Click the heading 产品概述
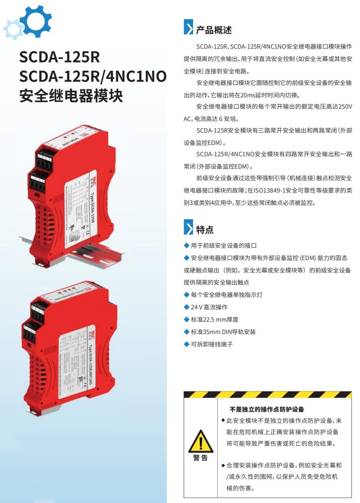pos(214,30)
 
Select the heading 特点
pos(205,230)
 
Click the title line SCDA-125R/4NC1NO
pos(93,77)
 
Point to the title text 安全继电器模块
pos(71,96)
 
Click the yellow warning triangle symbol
pos(201,441)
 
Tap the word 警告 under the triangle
pos(201,458)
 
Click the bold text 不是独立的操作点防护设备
pos(267,409)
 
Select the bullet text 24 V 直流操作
pos(209,307)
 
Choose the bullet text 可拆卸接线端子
pos(212,344)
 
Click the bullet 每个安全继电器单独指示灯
pos(227,295)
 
